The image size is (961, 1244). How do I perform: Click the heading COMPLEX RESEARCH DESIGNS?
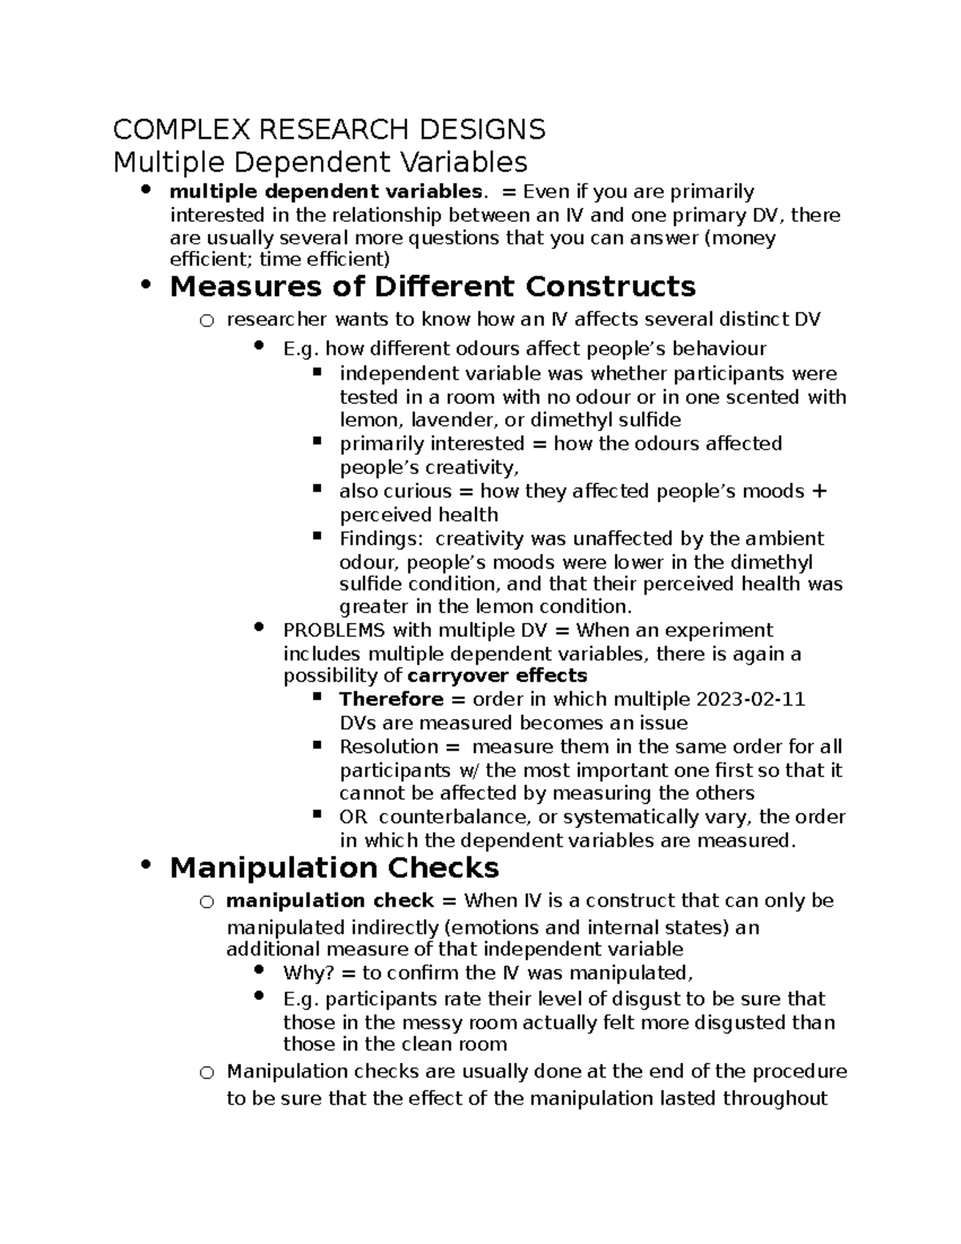(x=329, y=129)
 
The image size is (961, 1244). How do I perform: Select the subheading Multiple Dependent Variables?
(x=320, y=162)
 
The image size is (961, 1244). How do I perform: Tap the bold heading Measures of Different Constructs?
(x=432, y=286)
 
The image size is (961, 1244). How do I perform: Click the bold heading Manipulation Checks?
(x=335, y=868)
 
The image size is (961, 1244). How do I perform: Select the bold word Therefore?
(x=391, y=699)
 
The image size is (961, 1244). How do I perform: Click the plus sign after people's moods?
(x=818, y=491)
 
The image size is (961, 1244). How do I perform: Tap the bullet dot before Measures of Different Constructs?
(x=145, y=284)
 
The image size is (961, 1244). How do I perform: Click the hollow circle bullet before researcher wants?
(x=207, y=321)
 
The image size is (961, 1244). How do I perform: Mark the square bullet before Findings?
(x=317, y=534)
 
